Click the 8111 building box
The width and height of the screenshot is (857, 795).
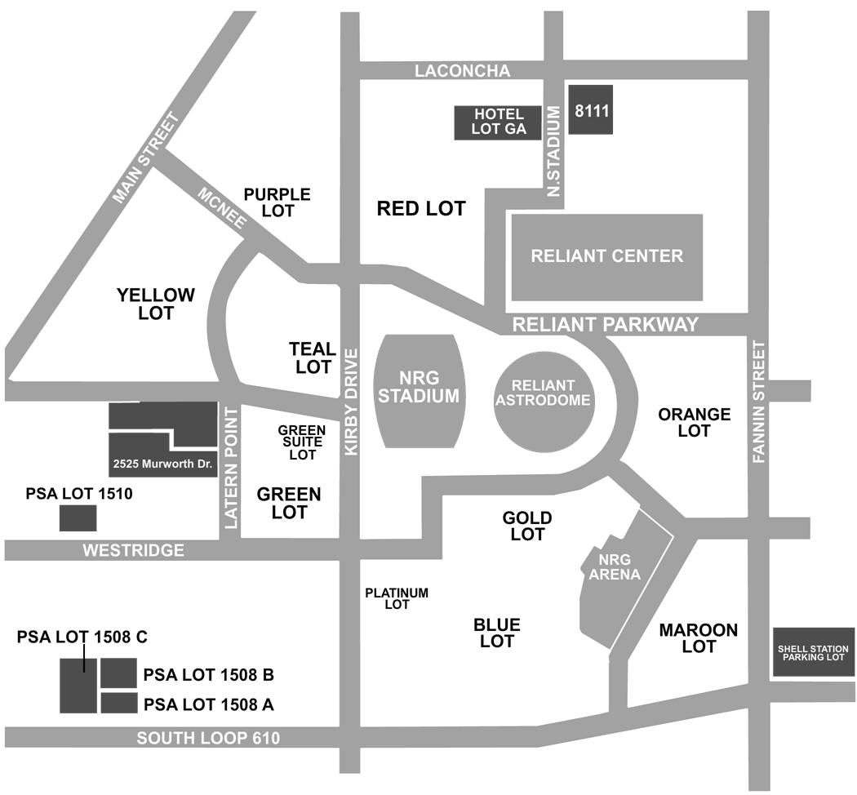[590, 109]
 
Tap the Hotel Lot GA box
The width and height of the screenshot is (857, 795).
[498, 122]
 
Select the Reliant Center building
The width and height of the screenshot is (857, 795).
[606, 257]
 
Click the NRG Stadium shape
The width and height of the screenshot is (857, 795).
[419, 391]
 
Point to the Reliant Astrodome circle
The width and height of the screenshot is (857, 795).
[544, 402]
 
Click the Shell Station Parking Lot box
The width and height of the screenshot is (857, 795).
[813, 652]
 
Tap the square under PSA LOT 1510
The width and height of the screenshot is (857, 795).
[78, 518]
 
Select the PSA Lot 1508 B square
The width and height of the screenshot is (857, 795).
[118, 673]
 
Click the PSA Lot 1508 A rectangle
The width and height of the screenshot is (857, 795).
[118, 703]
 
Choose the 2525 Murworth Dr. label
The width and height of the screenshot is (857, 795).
[162, 464]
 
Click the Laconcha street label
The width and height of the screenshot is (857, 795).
[463, 70]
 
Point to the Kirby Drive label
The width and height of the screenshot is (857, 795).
[351, 402]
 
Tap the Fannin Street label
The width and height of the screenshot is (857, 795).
[758, 402]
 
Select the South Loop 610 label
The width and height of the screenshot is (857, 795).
[208, 738]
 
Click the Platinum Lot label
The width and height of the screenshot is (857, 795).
[397, 598]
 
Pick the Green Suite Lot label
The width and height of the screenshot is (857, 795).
[302, 442]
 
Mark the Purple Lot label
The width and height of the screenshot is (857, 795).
[278, 202]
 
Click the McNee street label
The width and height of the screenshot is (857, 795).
[222, 207]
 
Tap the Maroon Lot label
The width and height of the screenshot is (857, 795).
[699, 638]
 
